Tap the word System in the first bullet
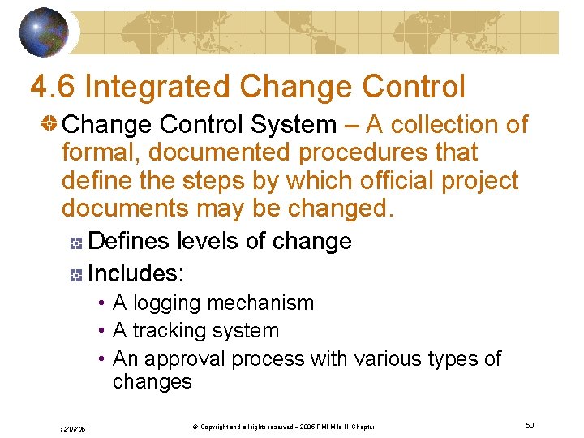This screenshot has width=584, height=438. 294,125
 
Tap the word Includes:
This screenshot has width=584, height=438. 135,273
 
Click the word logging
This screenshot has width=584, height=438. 167,303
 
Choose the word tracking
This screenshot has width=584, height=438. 169,331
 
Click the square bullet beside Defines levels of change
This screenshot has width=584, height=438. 76,242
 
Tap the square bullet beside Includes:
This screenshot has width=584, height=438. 76,275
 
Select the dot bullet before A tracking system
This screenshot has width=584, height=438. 101,331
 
